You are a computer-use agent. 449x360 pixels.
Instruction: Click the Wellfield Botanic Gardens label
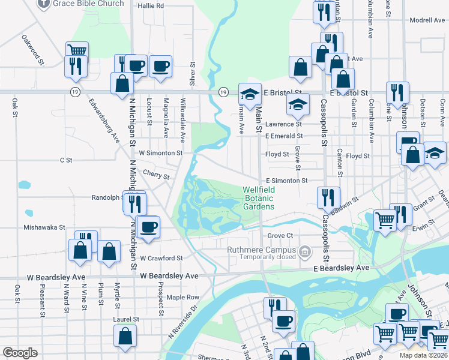(258, 198)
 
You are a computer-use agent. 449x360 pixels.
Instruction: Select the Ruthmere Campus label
(261, 250)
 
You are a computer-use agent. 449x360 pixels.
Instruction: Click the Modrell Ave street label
(427, 20)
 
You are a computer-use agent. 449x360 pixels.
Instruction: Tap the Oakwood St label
(34, 50)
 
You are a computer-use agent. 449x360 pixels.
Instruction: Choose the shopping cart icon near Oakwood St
(77, 51)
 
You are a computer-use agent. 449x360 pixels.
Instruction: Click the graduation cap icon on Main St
(250, 94)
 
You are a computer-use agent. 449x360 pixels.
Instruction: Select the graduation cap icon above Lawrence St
(297, 104)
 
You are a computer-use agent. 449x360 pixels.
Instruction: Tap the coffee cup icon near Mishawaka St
(148, 226)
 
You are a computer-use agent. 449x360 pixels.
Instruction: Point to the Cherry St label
(155, 175)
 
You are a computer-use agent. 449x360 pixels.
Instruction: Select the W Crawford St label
(161, 258)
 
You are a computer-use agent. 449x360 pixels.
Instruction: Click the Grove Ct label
(280, 236)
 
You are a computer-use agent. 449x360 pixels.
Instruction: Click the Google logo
(20, 353)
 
